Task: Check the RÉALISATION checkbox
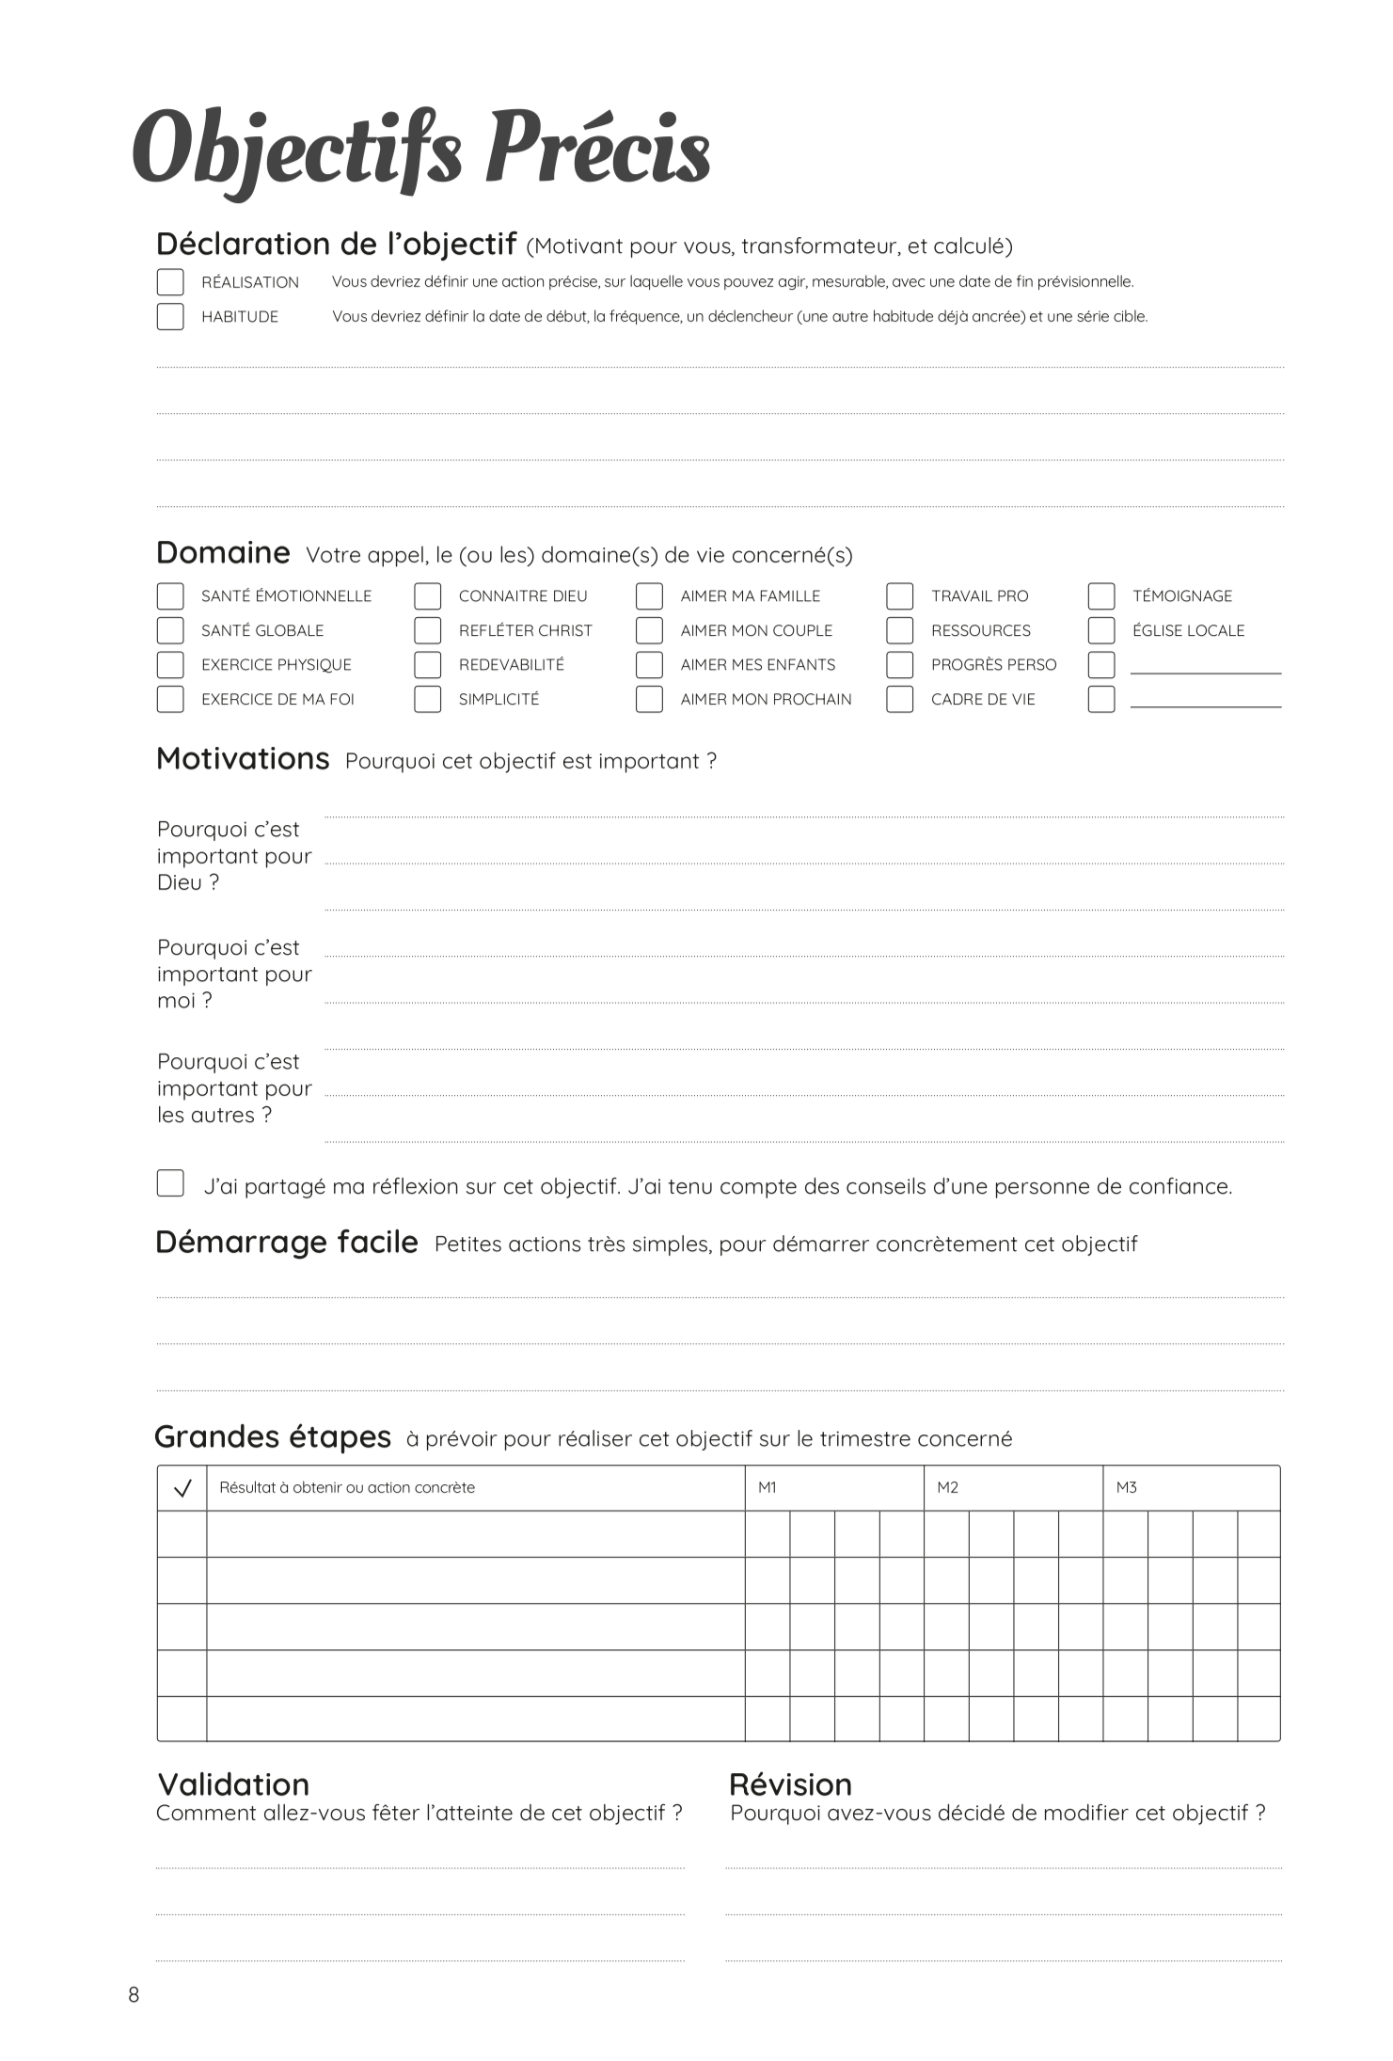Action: (170, 282)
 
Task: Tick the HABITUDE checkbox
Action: (170, 316)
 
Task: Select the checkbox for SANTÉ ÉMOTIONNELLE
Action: (170, 596)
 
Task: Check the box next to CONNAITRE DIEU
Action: (428, 596)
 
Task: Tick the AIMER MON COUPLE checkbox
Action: (649, 630)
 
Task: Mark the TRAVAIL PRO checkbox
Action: (900, 596)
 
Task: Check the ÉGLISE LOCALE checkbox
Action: (1101, 630)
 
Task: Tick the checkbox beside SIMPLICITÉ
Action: (428, 699)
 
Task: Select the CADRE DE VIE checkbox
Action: (900, 699)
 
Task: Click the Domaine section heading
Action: (223, 552)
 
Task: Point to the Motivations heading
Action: (243, 758)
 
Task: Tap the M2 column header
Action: (947, 1487)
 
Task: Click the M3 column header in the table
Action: (1126, 1487)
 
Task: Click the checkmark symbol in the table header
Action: (182, 1488)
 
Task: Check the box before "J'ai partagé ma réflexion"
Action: (170, 1183)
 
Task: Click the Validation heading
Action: (233, 1784)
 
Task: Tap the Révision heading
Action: (790, 1784)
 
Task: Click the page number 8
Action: (134, 1994)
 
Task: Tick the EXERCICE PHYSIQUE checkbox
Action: (170, 665)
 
